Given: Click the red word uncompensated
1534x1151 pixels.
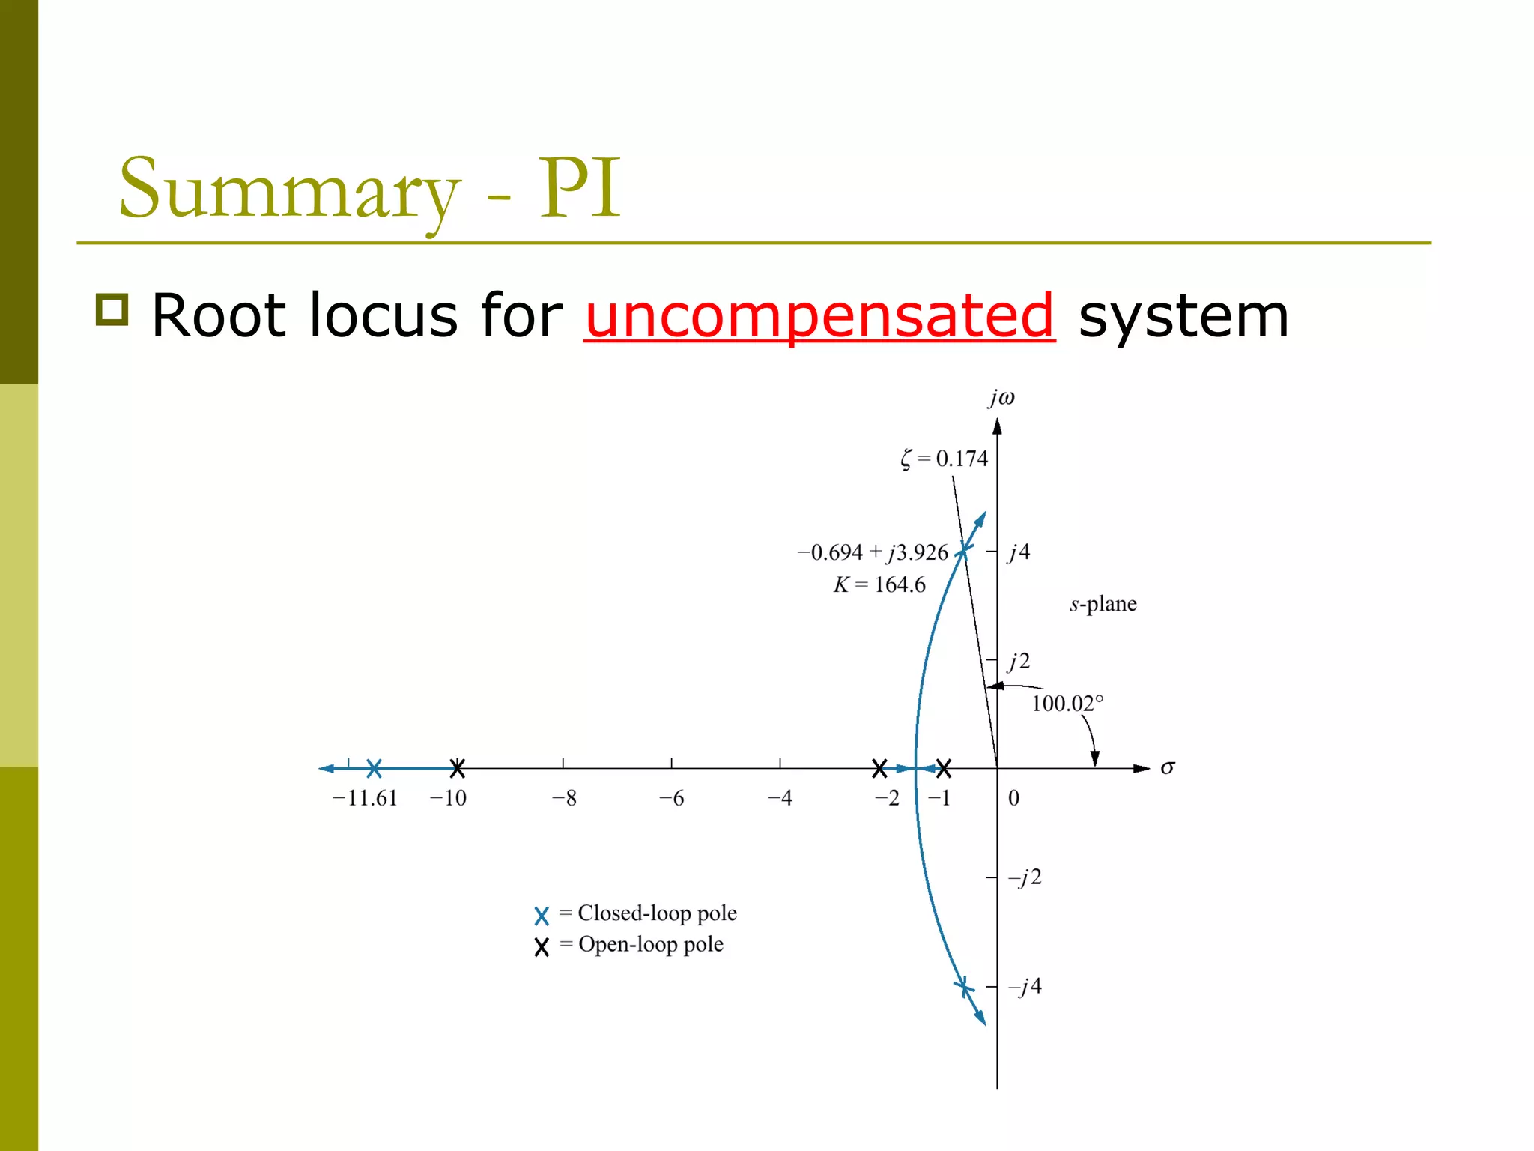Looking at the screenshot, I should [x=819, y=316].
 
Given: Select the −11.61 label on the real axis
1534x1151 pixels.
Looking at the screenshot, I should [x=365, y=798].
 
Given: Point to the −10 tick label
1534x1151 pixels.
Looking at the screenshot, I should [x=448, y=798].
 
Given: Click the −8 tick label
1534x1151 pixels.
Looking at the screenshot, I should [x=564, y=798].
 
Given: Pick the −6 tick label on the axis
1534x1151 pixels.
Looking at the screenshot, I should [x=671, y=798].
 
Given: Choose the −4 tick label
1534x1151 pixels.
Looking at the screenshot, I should [x=780, y=798].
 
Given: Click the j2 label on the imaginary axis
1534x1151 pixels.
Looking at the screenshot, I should [x=1019, y=661].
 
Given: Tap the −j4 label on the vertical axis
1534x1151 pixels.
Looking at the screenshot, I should [x=1025, y=986].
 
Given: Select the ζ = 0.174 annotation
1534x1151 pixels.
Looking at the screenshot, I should [x=944, y=459].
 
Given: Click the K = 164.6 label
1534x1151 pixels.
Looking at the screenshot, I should [x=879, y=584].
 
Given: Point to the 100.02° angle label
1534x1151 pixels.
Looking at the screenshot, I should [x=1067, y=704].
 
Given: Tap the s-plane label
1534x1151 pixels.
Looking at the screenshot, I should [x=1103, y=604].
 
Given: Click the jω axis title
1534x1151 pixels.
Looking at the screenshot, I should [x=1001, y=397].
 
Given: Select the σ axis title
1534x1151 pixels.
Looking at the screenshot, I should [x=1167, y=767].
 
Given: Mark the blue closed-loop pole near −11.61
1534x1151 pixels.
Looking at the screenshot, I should [x=374, y=768].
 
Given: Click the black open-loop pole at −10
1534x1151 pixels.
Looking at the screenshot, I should [x=457, y=768].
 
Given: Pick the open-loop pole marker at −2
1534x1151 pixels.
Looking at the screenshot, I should [x=879, y=768].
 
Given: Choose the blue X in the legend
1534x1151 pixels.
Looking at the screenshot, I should [x=542, y=916].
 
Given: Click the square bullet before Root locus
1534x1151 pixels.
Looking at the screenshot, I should [x=112, y=310].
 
